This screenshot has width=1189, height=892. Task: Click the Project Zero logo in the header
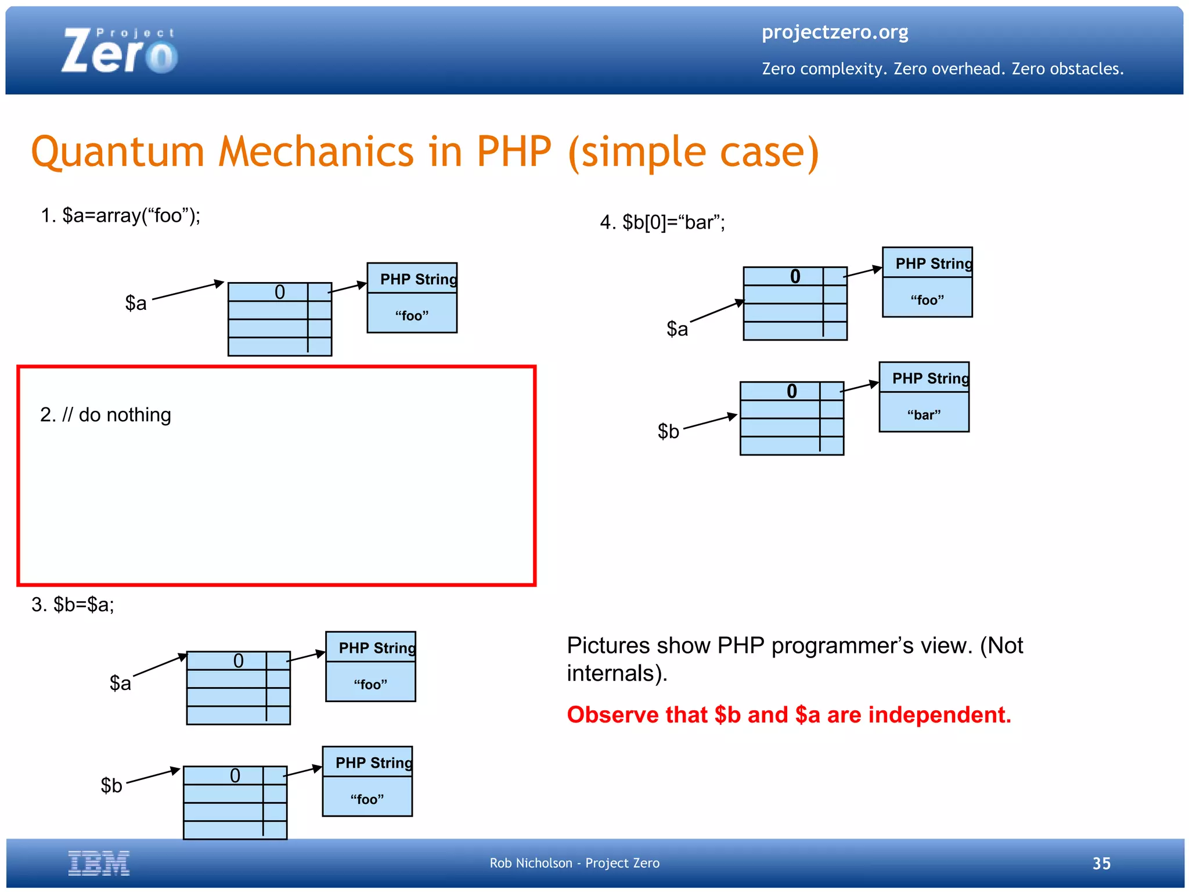tap(119, 51)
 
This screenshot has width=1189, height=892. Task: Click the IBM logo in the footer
tap(99, 862)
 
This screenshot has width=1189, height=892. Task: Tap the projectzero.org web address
tap(834, 32)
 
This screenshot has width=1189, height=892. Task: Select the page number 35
tap(1101, 863)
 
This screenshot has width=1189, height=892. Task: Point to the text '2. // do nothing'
tap(106, 415)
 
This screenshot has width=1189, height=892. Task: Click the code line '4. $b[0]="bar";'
tap(662, 222)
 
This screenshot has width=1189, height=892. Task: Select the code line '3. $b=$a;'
tap(73, 605)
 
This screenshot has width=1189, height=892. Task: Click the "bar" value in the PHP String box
tap(923, 415)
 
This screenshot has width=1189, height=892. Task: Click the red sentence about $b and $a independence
tap(788, 714)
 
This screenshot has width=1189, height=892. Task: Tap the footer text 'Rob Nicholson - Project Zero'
tap(574, 863)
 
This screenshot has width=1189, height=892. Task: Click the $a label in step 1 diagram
tap(136, 303)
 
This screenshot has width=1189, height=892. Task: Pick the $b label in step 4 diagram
tap(668, 431)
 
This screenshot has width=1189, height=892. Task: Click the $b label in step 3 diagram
tap(111, 785)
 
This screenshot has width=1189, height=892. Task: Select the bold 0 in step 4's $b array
tap(791, 391)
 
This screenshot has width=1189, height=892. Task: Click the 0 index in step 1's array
tap(279, 292)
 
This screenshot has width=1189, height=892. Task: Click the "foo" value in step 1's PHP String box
tap(412, 316)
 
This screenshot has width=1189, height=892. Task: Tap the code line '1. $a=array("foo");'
tap(120, 216)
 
